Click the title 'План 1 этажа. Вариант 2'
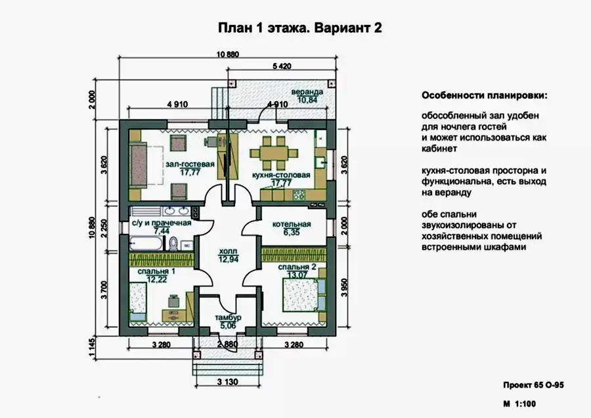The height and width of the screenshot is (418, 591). [300, 28]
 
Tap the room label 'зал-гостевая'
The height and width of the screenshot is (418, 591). [190, 164]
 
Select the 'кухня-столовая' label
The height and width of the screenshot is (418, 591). [281, 175]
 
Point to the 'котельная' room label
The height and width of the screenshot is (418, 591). [292, 225]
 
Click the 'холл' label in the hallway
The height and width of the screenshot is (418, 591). [229, 251]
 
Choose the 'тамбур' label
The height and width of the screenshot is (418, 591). [229, 317]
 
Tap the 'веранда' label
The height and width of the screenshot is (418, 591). [307, 92]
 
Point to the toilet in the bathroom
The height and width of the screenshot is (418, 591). [173, 243]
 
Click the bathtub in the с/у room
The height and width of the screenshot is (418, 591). [146, 243]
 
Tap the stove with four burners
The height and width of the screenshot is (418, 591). [299, 195]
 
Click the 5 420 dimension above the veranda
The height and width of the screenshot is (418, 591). [282, 66]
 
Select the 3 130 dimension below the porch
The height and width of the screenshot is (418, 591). [228, 382]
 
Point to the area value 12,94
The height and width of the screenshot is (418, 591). [229, 259]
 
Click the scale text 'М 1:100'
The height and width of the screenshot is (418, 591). [519, 404]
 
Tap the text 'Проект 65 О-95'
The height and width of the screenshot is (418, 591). [534, 385]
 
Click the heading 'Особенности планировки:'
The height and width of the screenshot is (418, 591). [485, 95]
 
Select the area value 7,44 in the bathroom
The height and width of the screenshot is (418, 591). [162, 231]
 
